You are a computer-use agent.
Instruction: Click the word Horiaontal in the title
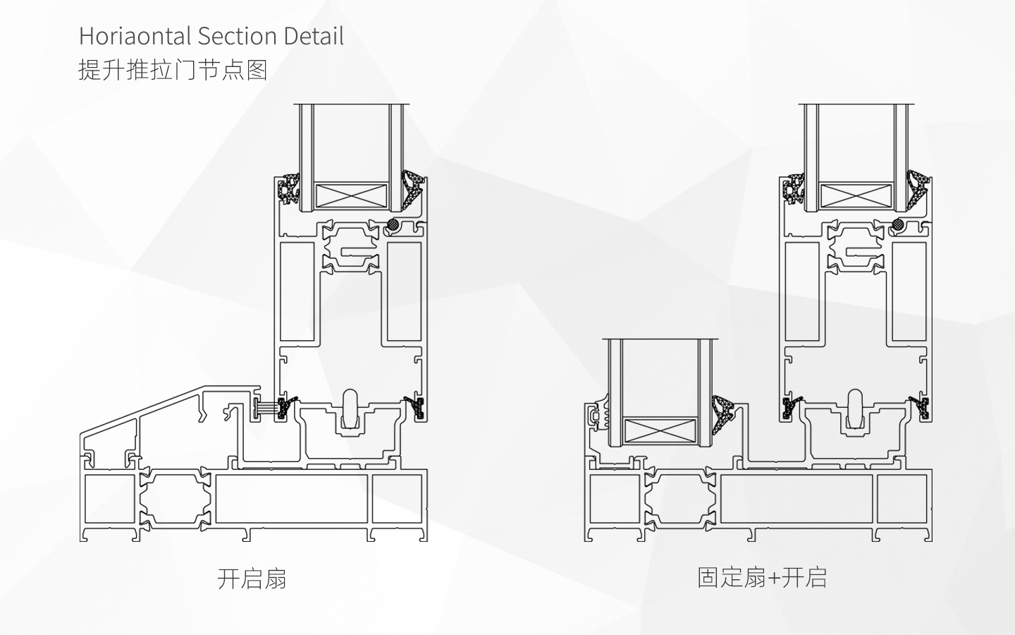[135, 36]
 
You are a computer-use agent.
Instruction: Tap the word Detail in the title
[314, 36]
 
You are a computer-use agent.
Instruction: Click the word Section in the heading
[237, 36]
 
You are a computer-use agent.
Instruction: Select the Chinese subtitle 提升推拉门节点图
[173, 71]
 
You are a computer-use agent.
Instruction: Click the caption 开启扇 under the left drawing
[252, 579]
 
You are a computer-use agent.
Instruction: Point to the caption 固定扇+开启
[762, 578]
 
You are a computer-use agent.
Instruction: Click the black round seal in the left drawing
[393, 224]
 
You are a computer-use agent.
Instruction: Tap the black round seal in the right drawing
[898, 224]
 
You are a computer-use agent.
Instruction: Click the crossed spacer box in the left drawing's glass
[351, 196]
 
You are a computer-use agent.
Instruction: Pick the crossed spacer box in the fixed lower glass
[660, 430]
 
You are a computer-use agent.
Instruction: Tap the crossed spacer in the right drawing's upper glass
[856, 196]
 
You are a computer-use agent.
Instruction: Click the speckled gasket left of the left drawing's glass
[289, 188]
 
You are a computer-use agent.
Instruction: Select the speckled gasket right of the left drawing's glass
[412, 188]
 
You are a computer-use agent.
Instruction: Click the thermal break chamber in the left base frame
[175, 500]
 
